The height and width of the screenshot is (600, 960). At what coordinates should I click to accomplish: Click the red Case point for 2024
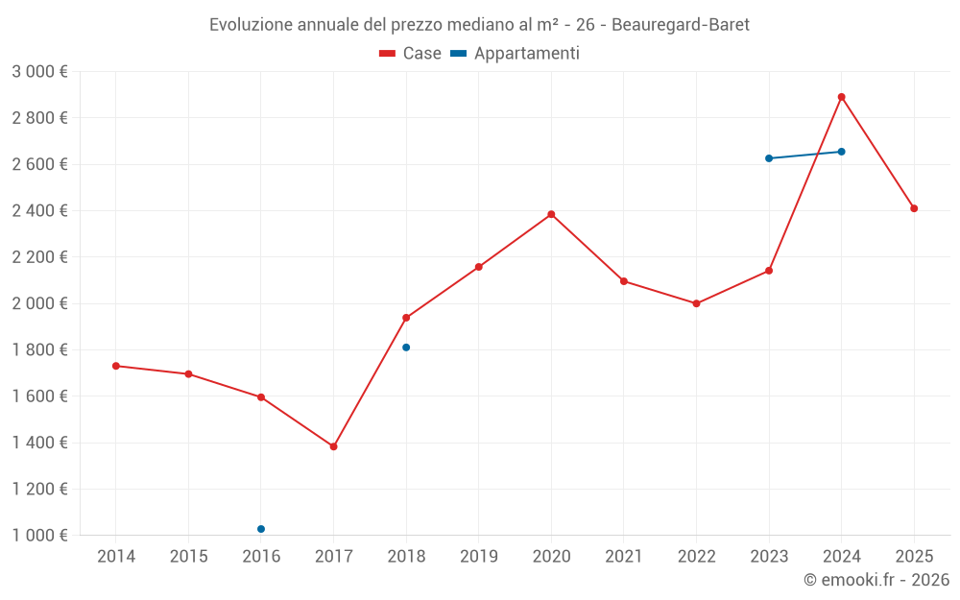[x=841, y=97]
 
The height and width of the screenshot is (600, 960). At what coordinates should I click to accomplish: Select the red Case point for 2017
[x=333, y=446]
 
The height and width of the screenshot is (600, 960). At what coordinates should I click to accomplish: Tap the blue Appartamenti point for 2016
[x=261, y=529]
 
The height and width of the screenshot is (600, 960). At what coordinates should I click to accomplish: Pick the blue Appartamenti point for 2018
[x=406, y=348]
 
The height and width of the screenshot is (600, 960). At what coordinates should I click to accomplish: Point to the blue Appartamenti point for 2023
[x=769, y=158]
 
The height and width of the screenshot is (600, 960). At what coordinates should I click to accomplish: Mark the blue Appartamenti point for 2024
[x=841, y=152]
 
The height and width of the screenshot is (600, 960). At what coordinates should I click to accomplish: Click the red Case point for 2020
[x=551, y=214]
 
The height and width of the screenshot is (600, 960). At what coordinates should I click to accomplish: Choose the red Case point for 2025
[x=914, y=208]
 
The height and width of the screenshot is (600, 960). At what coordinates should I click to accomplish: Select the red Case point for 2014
[x=116, y=366]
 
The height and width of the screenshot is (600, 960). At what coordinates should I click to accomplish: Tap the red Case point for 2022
[x=696, y=303]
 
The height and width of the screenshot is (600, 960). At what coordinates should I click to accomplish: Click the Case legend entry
[x=411, y=54]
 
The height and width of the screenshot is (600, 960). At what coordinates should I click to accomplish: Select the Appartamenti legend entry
[x=516, y=54]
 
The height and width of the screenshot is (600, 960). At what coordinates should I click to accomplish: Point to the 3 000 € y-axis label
[x=39, y=72]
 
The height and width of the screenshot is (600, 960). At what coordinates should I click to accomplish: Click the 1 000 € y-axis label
[x=39, y=536]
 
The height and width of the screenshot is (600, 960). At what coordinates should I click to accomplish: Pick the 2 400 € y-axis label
[x=39, y=211]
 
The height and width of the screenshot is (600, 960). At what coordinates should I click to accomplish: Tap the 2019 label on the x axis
[x=478, y=556]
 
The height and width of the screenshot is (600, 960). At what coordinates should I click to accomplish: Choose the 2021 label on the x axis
[x=624, y=556]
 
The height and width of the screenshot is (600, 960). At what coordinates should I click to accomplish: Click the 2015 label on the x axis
[x=188, y=556]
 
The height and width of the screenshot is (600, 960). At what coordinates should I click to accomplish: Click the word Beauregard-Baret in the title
[x=681, y=25]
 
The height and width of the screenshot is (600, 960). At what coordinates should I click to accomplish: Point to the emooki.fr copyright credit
[x=876, y=580]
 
